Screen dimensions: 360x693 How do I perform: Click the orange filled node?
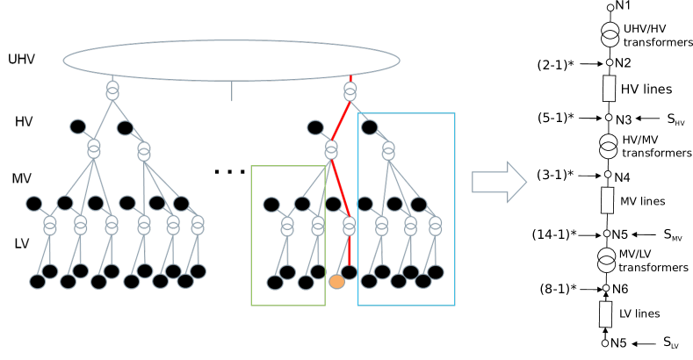tap(336, 282)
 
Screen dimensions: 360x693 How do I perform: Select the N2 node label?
tap(623, 63)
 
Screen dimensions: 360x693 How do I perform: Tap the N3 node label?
tap(624, 119)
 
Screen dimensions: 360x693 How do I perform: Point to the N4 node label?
tap(622, 177)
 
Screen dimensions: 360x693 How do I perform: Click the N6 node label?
tap(620, 289)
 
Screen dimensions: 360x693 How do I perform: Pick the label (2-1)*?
tap(555, 65)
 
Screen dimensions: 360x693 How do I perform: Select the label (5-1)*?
tap(555, 118)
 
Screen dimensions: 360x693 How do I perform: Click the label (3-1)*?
tap(555, 175)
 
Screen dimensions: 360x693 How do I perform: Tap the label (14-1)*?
tap(554, 234)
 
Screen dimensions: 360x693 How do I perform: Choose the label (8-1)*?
tap(557, 288)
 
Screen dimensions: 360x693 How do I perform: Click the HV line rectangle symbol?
tap(608, 89)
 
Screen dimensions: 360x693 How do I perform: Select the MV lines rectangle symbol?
tap(607, 200)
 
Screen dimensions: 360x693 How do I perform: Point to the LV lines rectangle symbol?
tap(606, 313)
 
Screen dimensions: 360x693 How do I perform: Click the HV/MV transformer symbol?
tap(608, 146)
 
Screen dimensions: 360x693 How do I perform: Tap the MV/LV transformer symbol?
tap(607, 259)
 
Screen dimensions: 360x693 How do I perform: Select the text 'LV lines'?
tap(639, 313)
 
